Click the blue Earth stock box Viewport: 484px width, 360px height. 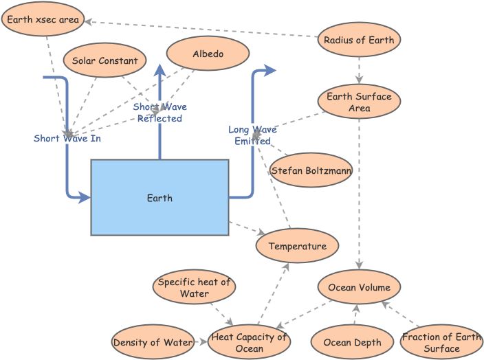click(159, 198)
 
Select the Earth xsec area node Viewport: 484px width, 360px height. click(43, 20)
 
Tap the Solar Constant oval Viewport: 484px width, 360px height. click(104, 60)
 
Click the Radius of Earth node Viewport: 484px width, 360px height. click(359, 40)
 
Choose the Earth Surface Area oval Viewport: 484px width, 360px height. click(359, 102)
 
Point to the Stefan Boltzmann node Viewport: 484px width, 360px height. click(311, 170)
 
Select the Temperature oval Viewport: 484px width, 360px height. click(297, 246)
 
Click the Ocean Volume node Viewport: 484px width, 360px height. click(359, 287)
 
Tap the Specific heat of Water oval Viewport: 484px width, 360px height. click(194, 287)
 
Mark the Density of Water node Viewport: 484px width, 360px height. click(152, 342)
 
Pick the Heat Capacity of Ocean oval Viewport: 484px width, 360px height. click(249, 342)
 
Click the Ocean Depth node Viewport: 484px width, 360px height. click(346, 342)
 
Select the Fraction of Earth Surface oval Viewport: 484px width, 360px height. click(441, 342)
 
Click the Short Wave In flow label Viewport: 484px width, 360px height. click(67, 139)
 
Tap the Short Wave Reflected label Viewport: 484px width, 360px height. click(159, 113)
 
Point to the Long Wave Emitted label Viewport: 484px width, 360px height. click(252, 135)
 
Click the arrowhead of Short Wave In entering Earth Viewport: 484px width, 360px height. click(85, 198)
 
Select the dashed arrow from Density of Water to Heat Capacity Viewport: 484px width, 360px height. click(200, 341)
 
